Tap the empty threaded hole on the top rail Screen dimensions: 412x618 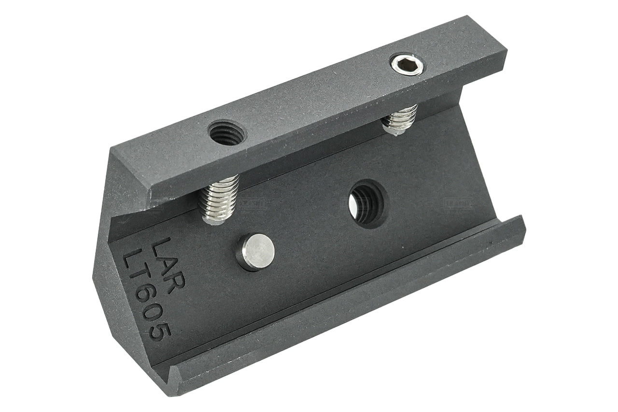point(226,132)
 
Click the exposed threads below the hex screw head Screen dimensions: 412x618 point(400,118)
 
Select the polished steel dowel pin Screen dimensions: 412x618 point(255,252)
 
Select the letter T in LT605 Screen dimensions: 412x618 point(140,278)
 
